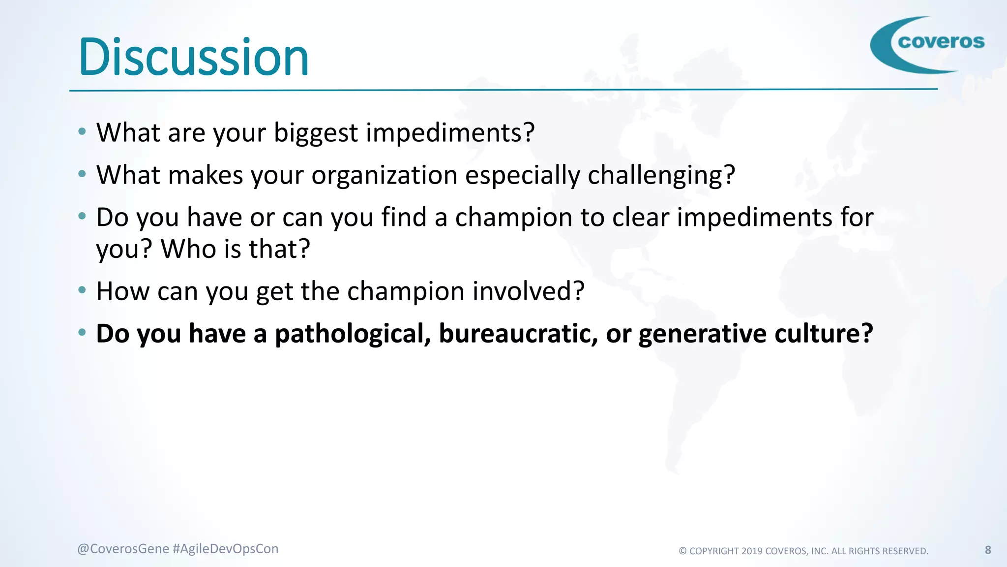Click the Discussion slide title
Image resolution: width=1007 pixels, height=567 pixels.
[193, 58]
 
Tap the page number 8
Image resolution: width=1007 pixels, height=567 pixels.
[988, 550]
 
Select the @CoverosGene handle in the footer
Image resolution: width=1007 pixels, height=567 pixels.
[123, 549]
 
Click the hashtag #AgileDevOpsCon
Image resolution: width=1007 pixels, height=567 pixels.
[226, 549]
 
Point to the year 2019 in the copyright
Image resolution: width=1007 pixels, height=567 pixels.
[752, 551]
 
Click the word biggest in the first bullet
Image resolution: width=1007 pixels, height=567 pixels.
[316, 133]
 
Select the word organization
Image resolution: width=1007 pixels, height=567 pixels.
[385, 175]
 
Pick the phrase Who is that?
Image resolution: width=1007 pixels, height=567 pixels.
[236, 249]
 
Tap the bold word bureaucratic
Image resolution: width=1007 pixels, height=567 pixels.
[518, 334]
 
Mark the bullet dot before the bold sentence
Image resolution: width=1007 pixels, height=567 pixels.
[82, 332]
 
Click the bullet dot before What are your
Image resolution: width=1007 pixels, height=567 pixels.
[82, 131]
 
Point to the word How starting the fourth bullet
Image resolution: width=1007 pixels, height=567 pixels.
[122, 291]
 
